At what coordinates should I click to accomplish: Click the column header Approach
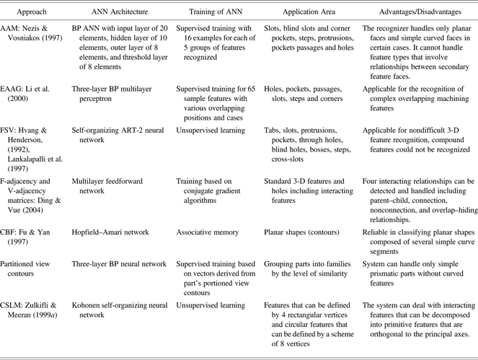pos(31,13)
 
